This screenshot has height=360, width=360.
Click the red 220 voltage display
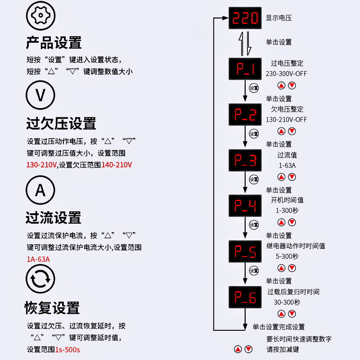point(245,18)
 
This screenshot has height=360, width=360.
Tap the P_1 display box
point(245,69)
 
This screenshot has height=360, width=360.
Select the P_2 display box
point(245,115)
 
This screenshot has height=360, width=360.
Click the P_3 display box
point(245,160)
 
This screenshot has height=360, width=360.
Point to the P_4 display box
point(245,206)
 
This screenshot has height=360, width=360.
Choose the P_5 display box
point(245,252)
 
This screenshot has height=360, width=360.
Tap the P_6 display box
point(245,297)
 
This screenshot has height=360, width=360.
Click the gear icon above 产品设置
point(41,17)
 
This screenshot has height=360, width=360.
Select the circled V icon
point(40,95)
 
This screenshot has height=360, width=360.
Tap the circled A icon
point(40,190)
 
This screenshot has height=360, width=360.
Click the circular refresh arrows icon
point(40,279)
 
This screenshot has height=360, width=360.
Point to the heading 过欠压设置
point(61,123)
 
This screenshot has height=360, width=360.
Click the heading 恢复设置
point(52,308)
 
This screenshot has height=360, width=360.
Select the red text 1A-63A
point(38,259)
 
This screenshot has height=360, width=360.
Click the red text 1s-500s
point(67,349)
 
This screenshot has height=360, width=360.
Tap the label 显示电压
point(279,18)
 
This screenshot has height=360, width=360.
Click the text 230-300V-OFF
point(286,74)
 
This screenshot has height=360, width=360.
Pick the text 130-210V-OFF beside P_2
point(286,120)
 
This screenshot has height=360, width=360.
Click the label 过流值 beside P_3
point(287,155)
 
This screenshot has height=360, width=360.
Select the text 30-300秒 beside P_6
point(286,302)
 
